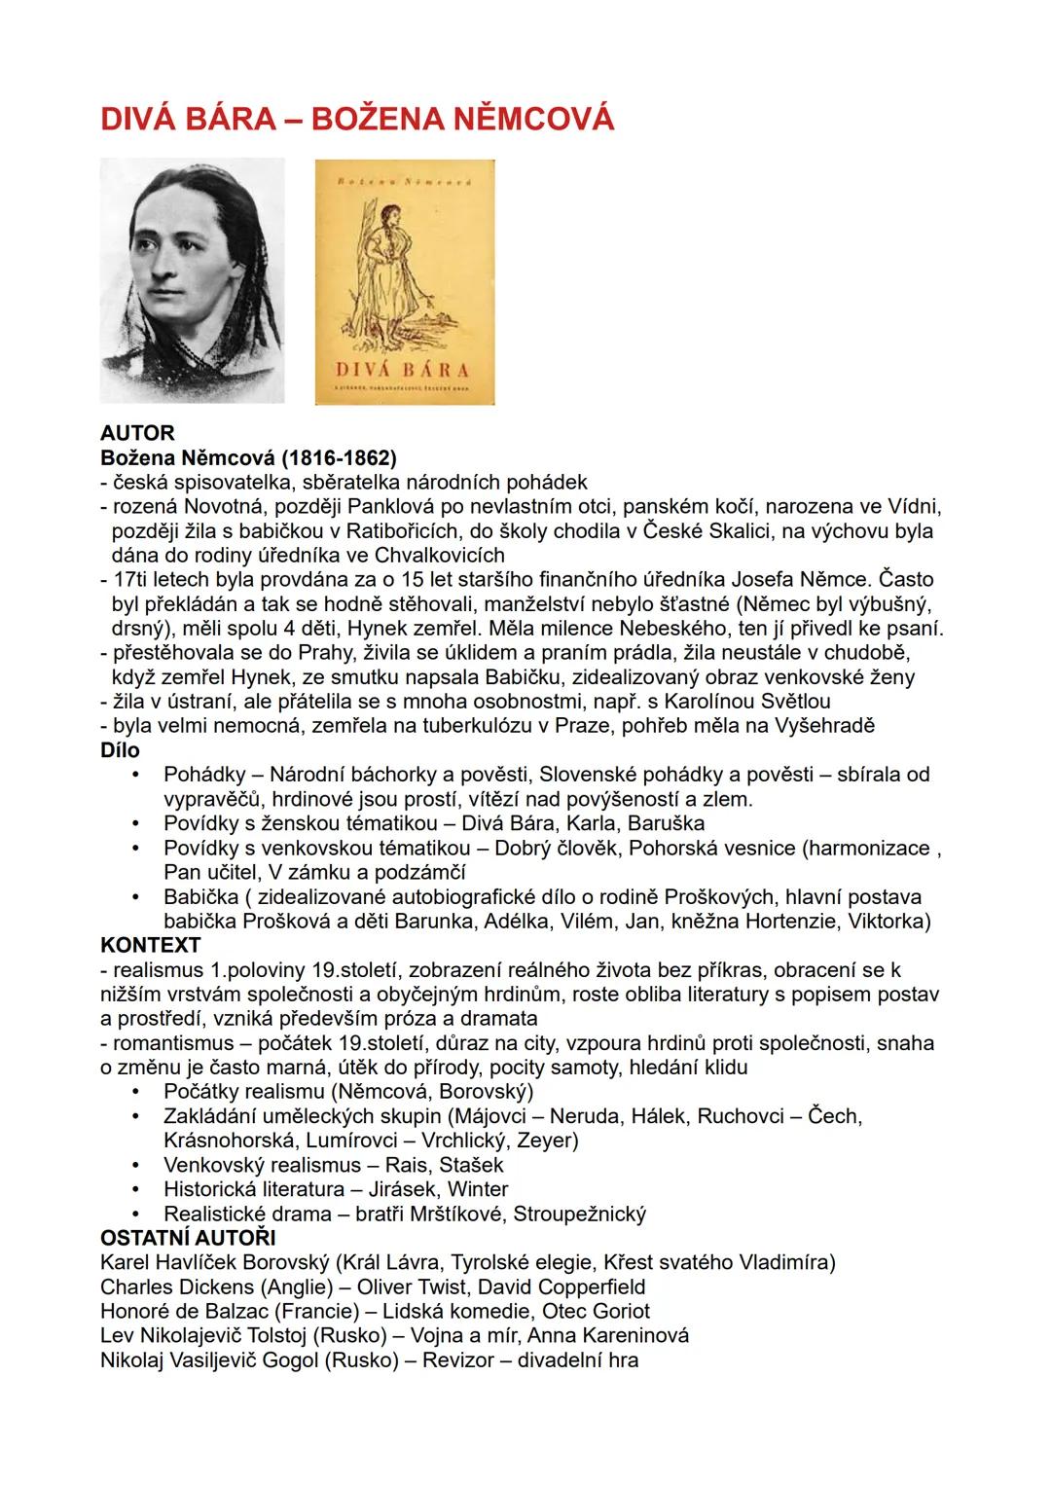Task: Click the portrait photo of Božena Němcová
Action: point(192,280)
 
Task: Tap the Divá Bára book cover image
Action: point(405,282)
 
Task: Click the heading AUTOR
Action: point(137,433)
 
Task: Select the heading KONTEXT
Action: point(151,945)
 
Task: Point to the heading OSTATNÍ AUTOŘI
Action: point(188,1238)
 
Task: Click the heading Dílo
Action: point(120,750)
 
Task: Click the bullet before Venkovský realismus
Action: point(139,1165)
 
